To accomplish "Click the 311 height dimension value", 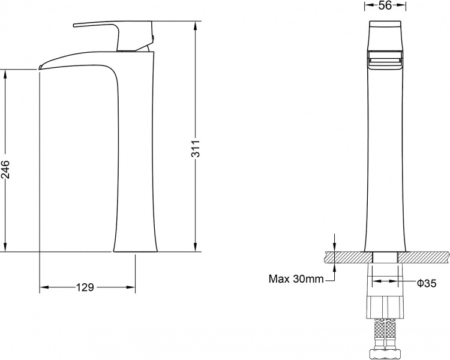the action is [x=196, y=148].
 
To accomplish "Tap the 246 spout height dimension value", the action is [x=5, y=169].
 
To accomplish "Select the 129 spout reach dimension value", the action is [x=85, y=287].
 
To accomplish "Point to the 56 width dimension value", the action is [x=385, y=5].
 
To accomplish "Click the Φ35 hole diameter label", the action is [x=427, y=284].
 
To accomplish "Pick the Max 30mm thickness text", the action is [x=296, y=279].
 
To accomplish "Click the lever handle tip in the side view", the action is [x=74, y=26].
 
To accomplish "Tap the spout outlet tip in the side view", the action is [x=40, y=67].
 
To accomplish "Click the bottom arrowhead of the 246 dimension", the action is [x=5, y=247].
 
